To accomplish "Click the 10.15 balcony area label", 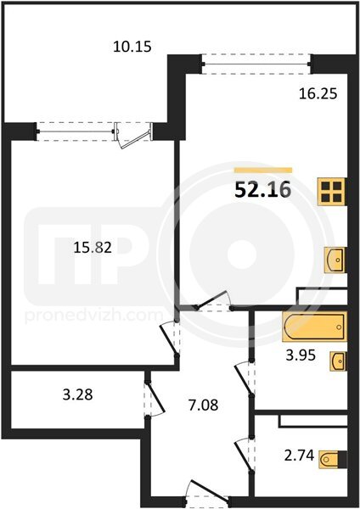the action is click(x=132, y=47).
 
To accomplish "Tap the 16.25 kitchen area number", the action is click(x=318, y=94).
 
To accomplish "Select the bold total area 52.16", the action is click(x=262, y=190).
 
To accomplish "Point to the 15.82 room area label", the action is click(x=93, y=248).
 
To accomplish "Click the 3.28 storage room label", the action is click(x=77, y=395).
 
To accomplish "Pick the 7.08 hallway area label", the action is click(x=204, y=406).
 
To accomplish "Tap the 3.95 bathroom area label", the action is click(x=301, y=355).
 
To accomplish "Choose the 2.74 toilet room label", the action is click(x=299, y=456).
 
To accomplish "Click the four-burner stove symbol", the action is click(x=331, y=191).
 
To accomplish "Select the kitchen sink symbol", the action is click(x=335, y=260).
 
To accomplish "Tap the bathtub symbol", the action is click(x=314, y=327).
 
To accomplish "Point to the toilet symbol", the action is click(x=333, y=459).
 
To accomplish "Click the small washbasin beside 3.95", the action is click(x=338, y=361).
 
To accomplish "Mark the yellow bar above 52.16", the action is click(x=263, y=171).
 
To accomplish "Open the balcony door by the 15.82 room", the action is click(x=134, y=137).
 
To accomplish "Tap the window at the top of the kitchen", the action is click(x=256, y=64).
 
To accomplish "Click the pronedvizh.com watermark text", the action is click(x=94, y=316).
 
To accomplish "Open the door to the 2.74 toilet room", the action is click(x=245, y=454).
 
